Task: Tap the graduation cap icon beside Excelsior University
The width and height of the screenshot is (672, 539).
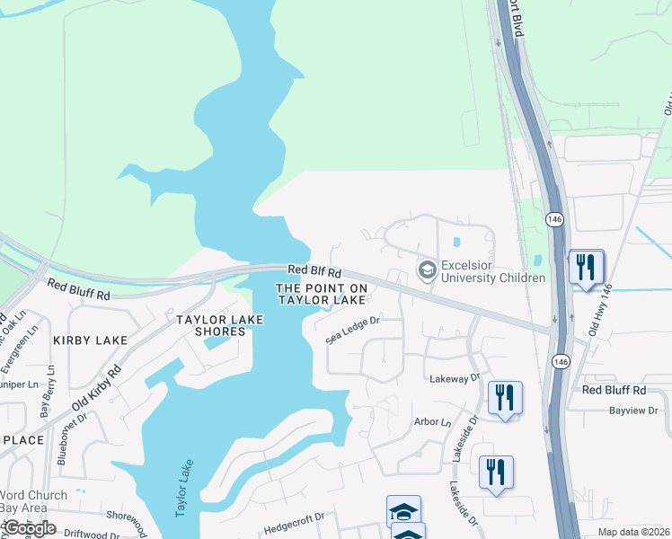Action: pyautogui.click(x=427, y=269)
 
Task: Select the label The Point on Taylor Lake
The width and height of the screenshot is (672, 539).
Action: pyautogui.click(x=322, y=294)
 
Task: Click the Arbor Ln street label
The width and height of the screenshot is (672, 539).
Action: pyautogui.click(x=432, y=421)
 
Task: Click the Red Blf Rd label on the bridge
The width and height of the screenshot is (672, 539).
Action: pyautogui.click(x=314, y=270)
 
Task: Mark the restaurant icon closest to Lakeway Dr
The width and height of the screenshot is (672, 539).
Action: pyautogui.click(x=505, y=398)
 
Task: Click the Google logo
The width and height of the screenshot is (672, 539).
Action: pyautogui.click(x=29, y=527)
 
